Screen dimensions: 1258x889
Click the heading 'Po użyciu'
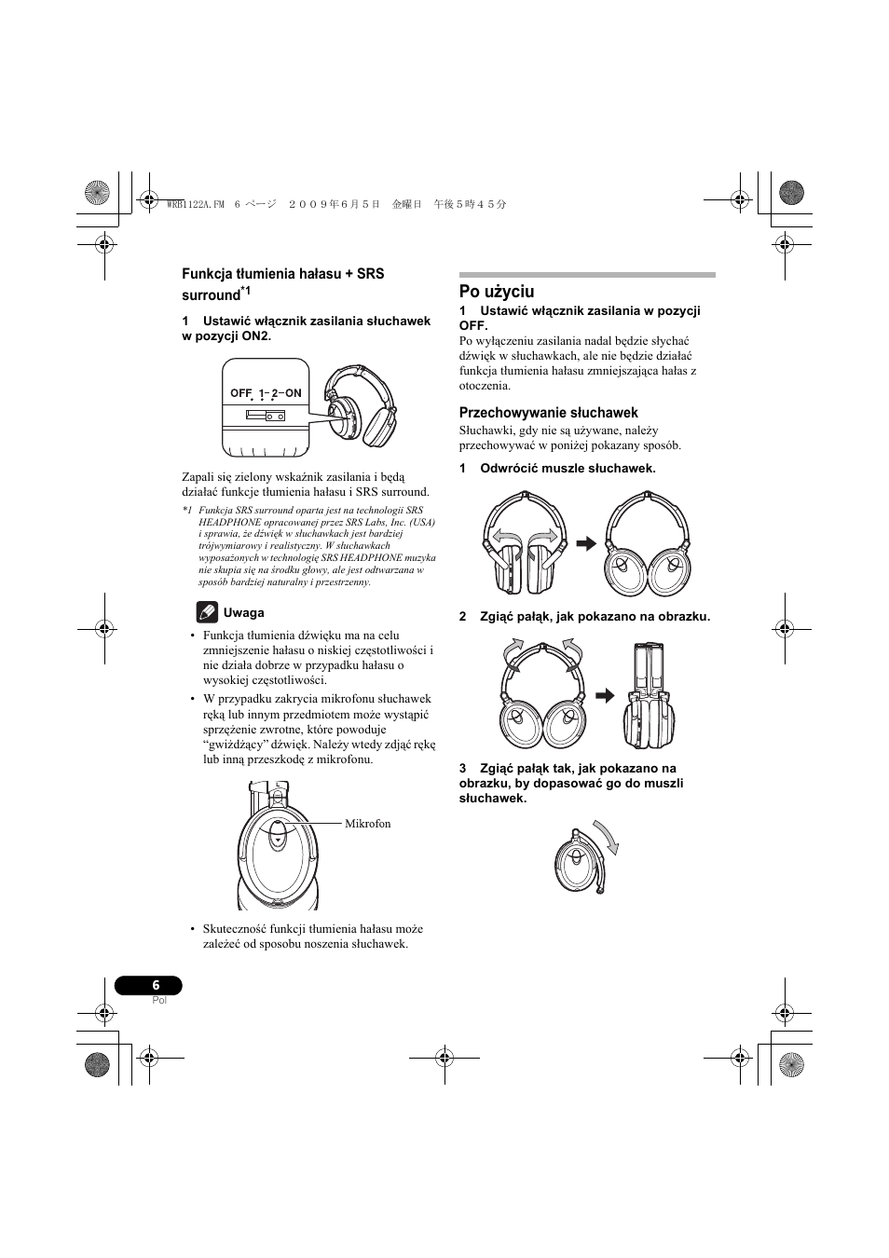[x=497, y=292]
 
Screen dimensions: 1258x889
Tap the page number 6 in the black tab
[x=156, y=985]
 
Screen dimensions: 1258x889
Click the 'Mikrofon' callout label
[x=368, y=824]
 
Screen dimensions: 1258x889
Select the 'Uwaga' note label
[x=243, y=613]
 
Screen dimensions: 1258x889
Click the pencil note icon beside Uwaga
[x=207, y=612]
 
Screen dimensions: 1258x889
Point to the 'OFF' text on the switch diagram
[x=241, y=393]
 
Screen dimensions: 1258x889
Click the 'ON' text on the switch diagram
[x=293, y=393]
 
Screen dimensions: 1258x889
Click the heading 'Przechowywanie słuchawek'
[x=548, y=413]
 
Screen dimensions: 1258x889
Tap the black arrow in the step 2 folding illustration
[x=606, y=695]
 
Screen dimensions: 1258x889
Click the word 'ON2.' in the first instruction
[x=256, y=335]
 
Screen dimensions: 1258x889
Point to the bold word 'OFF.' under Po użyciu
[x=473, y=326]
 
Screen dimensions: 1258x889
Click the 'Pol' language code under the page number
[x=158, y=1000]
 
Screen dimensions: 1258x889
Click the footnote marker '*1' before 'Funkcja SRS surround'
[x=187, y=511]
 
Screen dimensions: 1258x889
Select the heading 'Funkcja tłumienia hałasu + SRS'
[x=282, y=274]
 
